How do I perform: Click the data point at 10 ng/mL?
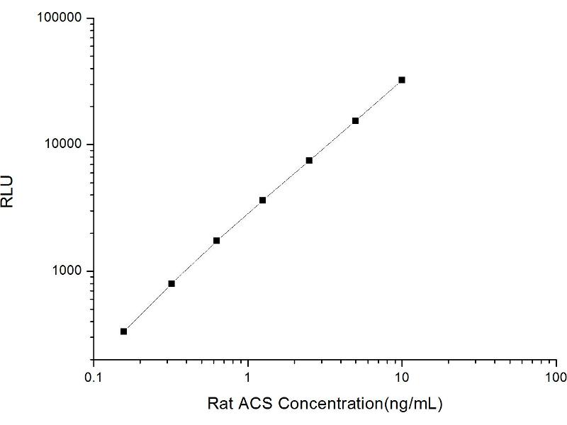[402, 80]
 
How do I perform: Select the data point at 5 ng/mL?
[355, 120]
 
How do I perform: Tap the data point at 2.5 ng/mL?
[309, 161]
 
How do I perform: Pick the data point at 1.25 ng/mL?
[262, 200]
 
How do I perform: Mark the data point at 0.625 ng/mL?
[216, 241]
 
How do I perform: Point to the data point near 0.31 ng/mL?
[172, 283]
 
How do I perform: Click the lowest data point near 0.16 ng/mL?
[123, 331]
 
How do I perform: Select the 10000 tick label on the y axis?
[64, 144]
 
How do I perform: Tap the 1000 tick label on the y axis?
[68, 271]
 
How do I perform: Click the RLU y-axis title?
[9, 191]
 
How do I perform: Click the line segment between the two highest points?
[378, 101]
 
